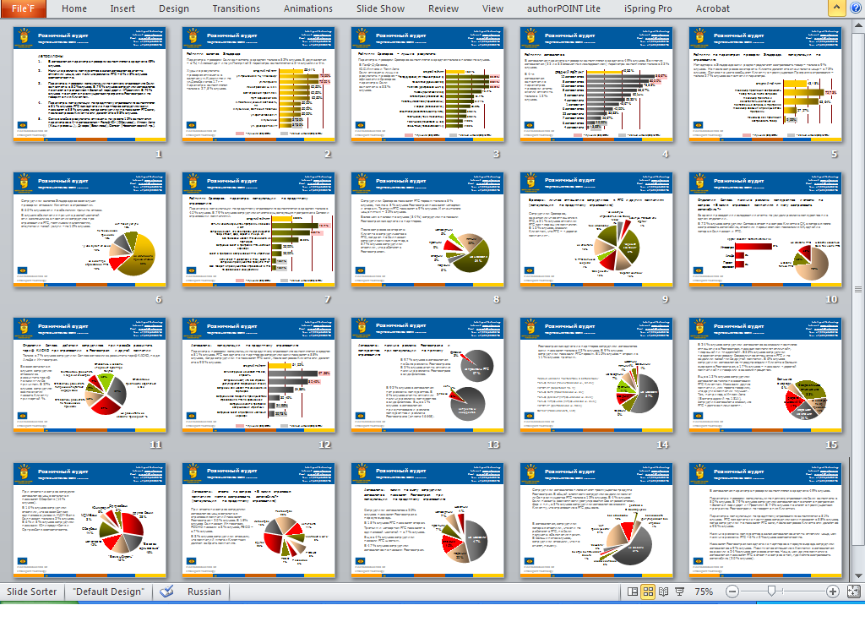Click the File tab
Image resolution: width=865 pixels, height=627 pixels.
tap(23, 8)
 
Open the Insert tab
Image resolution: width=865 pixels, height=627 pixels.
tap(122, 8)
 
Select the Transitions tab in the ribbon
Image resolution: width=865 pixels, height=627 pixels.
tap(237, 8)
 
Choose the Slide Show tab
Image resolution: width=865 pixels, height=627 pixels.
tap(380, 8)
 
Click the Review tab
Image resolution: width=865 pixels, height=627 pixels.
tap(443, 8)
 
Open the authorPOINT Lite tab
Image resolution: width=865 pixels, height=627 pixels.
tap(563, 8)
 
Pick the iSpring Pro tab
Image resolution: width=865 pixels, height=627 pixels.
tap(649, 8)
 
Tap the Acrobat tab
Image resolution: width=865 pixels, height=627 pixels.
tap(712, 8)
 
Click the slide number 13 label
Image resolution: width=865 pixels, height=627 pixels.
tap(496, 445)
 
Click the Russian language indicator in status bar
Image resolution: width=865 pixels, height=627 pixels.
tap(204, 592)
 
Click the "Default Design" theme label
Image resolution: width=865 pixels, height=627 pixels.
tap(108, 592)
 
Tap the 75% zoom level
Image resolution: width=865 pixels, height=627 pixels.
tap(704, 592)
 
